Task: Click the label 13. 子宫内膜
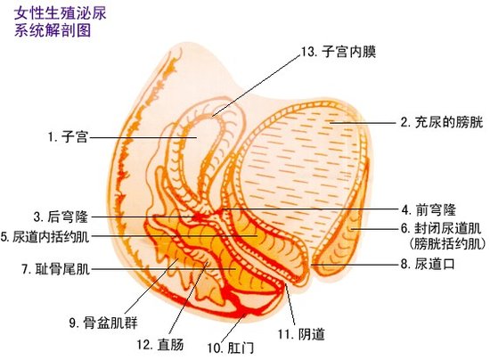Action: (339, 52)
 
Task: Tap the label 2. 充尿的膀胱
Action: (442, 122)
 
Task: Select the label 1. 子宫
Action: (68, 137)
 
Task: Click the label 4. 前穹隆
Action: (429, 209)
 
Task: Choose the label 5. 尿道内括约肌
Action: (45, 237)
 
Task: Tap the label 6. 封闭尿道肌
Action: (441, 228)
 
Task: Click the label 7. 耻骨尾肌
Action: (56, 269)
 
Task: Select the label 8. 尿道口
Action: (428, 265)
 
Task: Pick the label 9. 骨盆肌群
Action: (103, 323)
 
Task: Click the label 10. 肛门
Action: (231, 348)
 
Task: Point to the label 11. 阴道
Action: (301, 334)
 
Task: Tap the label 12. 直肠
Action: (160, 344)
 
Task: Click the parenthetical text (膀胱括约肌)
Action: (447, 243)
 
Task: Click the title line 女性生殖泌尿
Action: (61, 13)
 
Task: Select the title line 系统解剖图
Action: (53, 30)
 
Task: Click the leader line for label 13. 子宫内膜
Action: (257, 86)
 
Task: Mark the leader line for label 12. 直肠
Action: (188, 299)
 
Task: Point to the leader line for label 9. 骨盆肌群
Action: (151, 286)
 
